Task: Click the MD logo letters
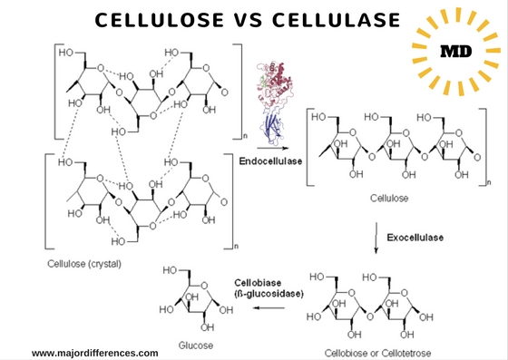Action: click(455, 52)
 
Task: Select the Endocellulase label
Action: click(269, 161)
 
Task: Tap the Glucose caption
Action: click(196, 345)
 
